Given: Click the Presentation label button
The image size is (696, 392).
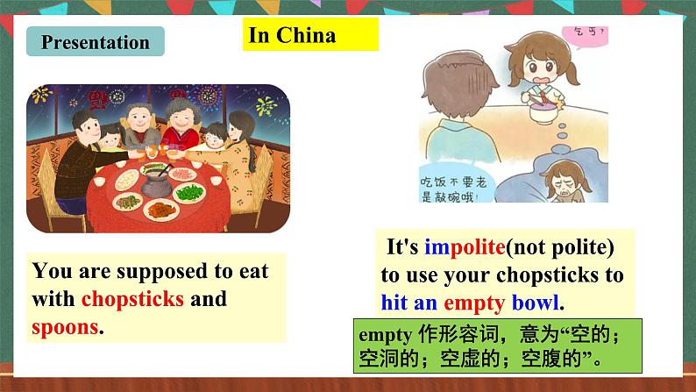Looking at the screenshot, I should (95, 42).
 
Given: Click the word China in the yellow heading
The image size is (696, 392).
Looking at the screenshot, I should (307, 35).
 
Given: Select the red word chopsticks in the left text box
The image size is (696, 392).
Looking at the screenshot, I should (132, 299).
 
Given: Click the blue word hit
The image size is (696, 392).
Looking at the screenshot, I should (394, 303).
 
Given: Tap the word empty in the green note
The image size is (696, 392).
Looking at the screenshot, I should (380, 336).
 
